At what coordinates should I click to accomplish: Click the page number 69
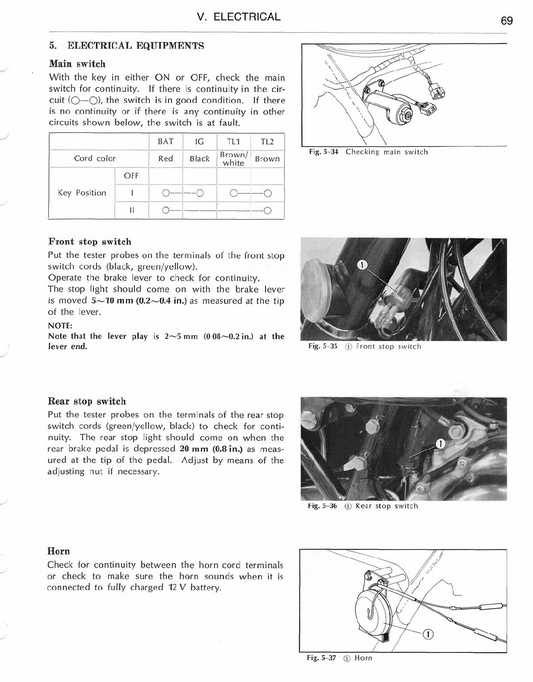[x=506, y=20]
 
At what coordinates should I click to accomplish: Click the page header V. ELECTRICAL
[x=238, y=17]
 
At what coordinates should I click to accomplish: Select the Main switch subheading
[x=77, y=64]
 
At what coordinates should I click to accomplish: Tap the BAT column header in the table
[x=165, y=141]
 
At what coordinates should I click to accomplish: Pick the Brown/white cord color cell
[x=234, y=159]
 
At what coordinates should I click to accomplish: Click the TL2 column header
[x=267, y=142]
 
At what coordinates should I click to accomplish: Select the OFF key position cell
[x=131, y=176]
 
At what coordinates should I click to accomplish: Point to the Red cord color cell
[x=165, y=159]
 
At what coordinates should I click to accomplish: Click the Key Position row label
[x=82, y=193]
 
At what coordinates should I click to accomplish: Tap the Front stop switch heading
[x=90, y=241]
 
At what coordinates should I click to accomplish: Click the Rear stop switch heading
[x=87, y=401]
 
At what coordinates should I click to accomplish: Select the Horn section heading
[x=58, y=551]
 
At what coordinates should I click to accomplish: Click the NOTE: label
[x=60, y=325]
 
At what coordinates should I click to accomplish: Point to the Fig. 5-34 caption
[x=368, y=152]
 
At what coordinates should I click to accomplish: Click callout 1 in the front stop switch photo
[x=361, y=264]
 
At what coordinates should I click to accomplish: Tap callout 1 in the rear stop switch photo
[x=441, y=443]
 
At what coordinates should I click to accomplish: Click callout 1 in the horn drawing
[x=428, y=634]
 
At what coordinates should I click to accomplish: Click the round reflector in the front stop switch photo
[x=318, y=290]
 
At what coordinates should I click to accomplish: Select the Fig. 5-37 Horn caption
[x=339, y=658]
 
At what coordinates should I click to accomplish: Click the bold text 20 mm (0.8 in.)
[x=211, y=449]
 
